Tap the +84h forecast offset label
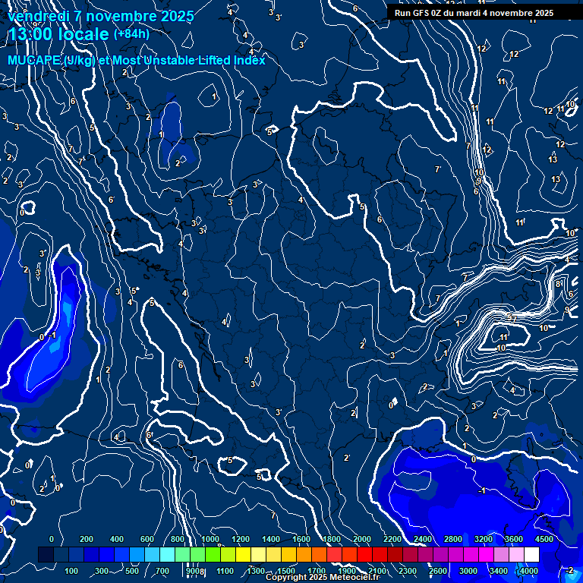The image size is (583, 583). tap(131, 33)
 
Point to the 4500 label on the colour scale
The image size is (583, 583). tap(544, 539)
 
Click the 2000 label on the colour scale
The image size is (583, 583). tap(362, 539)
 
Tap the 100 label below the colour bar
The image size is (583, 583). tap(72, 571)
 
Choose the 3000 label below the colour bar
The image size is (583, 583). tap(468, 571)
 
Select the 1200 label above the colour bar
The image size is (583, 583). tap(241, 539)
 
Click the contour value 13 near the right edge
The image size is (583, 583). tap(553, 159)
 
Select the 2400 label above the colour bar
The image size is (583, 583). tap(423, 539)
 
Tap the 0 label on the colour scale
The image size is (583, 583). tap(52, 539)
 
